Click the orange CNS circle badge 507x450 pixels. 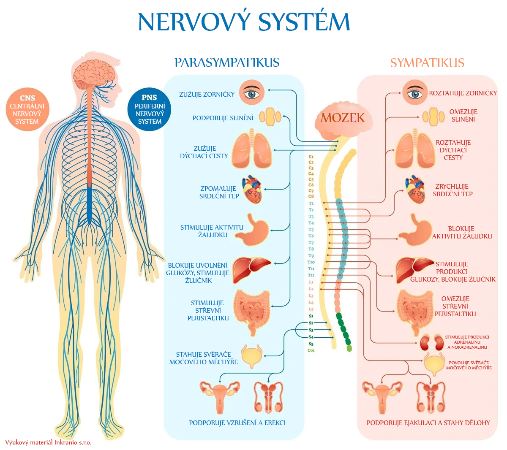[27, 109]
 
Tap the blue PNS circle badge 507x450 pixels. [150, 109]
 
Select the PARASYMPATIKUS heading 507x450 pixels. [227, 62]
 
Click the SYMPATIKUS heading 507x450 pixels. [427, 63]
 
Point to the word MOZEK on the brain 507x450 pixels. [342, 118]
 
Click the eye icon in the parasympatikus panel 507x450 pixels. [252, 93]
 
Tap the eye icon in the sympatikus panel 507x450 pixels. [414, 92]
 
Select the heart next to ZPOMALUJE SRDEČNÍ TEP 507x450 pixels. [252, 190]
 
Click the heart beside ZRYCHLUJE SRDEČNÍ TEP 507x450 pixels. [416, 190]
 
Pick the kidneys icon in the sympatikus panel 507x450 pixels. [431, 342]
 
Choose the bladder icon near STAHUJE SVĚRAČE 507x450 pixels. [252, 356]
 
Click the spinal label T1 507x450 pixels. [311, 203]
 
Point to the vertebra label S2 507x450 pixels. [311, 323]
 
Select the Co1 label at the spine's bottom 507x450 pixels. [311, 350]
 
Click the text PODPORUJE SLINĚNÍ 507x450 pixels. [223, 118]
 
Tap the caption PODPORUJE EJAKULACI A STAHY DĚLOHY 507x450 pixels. [428, 423]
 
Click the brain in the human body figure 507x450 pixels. [94, 72]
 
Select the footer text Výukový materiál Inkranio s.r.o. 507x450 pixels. [48, 442]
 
